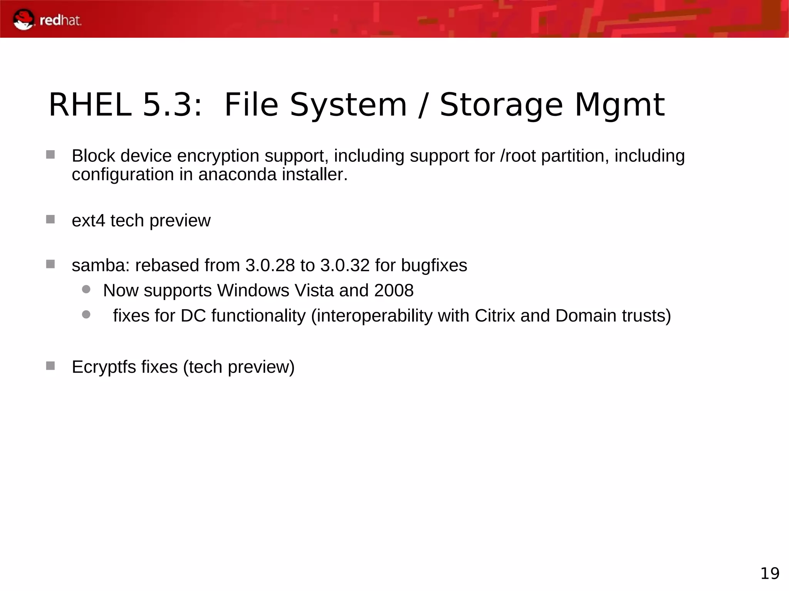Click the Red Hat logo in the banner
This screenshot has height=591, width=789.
coord(47,20)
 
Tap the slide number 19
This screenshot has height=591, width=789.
coord(770,573)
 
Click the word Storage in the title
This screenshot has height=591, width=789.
coord(501,105)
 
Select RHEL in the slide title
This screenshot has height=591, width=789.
coord(90,105)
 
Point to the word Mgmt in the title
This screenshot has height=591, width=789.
coord(619,105)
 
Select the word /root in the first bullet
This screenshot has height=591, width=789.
coord(518,156)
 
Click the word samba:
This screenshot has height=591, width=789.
coord(101,265)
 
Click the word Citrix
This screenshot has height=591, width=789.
coord(495,316)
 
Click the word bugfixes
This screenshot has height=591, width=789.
coord(434,265)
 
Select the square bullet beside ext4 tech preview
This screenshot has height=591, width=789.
coord(50,219)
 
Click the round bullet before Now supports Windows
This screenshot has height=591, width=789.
coord(86,289)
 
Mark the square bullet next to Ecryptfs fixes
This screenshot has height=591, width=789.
coord(50,365)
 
